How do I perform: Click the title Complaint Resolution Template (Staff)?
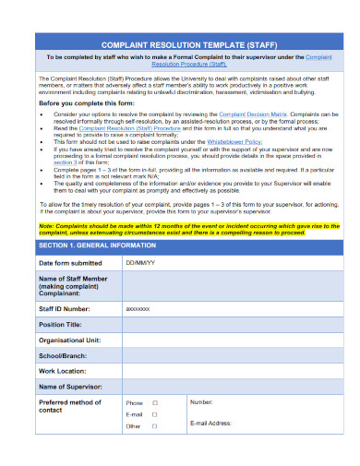click(x=180, y=43)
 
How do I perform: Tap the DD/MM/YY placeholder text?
click(x=141, y=263)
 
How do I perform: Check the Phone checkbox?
click(x=155, y=402)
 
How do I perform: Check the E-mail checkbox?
click(x=155, y=414)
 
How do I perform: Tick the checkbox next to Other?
click(x=155, y=426)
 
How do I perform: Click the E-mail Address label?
click(x=215, y=423)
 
